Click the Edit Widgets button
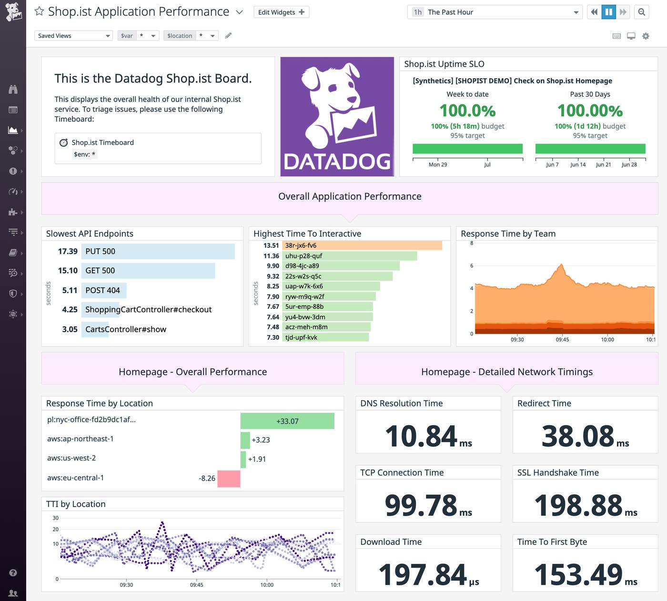(281, 12)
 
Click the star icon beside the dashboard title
(39, 11)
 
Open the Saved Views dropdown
(73, 36)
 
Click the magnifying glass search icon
(642, 12)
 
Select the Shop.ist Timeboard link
(102, 143)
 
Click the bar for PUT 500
(158, 252)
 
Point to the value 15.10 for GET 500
(68, 271)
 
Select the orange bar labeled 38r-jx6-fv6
(362, 245)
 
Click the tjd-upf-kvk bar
(325, 337)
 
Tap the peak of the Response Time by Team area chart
(562, 265)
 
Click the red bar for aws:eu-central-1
(229, 479)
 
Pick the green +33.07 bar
(287, 421)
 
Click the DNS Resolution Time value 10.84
(421, 436)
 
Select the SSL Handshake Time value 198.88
(578, 505)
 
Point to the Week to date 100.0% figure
(467, 111)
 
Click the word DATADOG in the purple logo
(337, 162)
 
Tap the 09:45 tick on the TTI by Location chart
(197, 584)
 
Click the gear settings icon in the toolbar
(646, 36)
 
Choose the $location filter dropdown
(191, 36)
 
